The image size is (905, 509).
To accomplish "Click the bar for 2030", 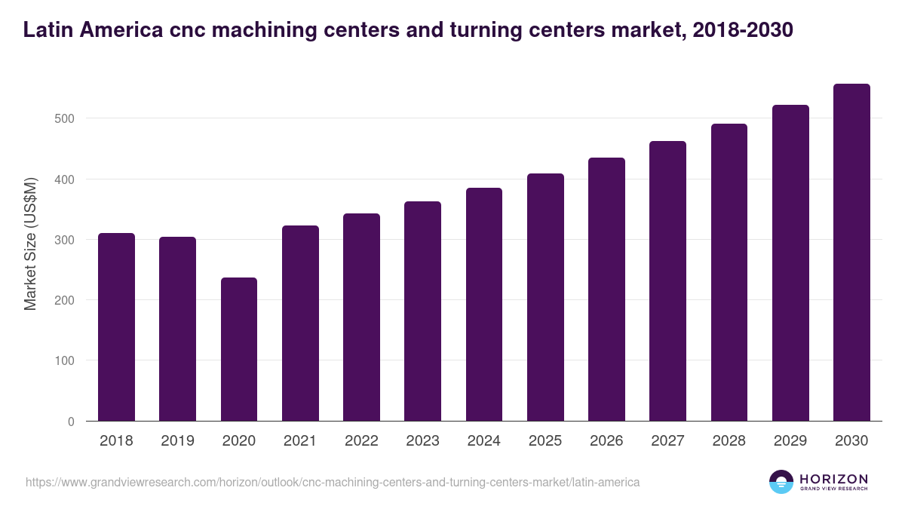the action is pyautogui.click(x=851, y=253).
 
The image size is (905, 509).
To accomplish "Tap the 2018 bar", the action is pyautogui.click(x=116, y=327).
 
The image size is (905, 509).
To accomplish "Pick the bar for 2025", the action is pyautogui.click(x=545, y=297).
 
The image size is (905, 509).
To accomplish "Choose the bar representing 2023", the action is pyautogui.click(x=422, y=311).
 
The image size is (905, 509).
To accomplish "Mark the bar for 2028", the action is pyautogui.click(x=729, y=272).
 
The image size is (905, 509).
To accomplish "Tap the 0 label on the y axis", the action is pyautogui.click(x=71, y=422).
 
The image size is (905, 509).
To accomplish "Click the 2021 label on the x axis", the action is pyautogui.click(x=300, y=441).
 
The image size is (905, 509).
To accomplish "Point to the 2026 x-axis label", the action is pyautogui.click(x=606, y=441).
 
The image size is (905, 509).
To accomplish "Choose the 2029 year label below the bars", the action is pyautogui.click(x=790, y=441).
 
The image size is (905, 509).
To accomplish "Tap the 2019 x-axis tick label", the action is pyautogui.click(x=177, y=441).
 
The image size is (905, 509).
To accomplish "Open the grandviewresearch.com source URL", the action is pyautogui.click(x=333, y=482).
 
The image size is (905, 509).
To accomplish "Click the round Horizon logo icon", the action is pyautogui.click(x=781, y=482).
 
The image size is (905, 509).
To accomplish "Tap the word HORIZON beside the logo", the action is pyautogui.click(x=833, y=479).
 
